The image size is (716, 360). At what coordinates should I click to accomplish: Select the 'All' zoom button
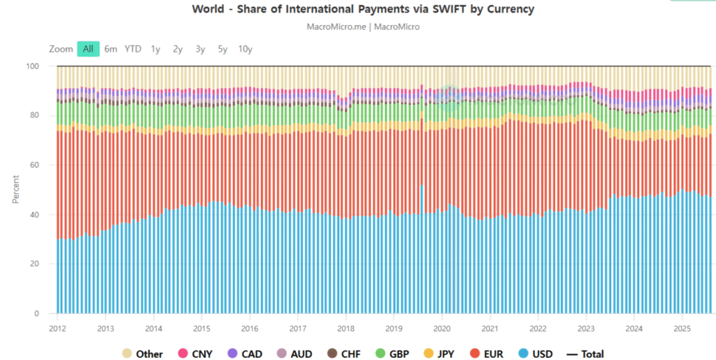point(88,49)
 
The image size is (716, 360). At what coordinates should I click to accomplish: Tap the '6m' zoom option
point(110,49)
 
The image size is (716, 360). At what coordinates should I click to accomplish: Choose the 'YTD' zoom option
point(133,49)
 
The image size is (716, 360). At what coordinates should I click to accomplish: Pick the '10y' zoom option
point(245,49)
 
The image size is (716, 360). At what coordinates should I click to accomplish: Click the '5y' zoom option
point(222,49)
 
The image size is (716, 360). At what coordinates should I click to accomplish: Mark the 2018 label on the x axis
point(345,328)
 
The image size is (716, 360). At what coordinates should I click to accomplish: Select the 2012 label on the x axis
point(57,328)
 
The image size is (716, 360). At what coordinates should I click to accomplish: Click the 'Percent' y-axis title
point(15,189)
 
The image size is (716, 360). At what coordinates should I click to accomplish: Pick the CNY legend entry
point(196,354)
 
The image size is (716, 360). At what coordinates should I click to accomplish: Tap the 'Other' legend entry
point(143,354)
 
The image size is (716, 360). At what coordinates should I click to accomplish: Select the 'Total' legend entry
point(585,354)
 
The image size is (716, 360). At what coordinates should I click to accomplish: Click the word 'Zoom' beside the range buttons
point(61,49)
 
